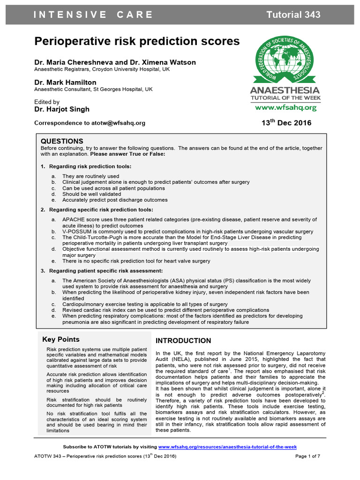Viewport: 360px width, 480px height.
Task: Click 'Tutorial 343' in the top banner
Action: click(x=293, y=15)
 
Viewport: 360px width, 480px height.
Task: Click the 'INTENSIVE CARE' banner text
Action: click(x=93, y=15)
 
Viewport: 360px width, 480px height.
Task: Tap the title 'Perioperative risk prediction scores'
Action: click(x=137, y=42)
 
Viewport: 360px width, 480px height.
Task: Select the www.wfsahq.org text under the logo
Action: click(x=285, y=107)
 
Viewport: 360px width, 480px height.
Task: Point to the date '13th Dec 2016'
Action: click(x=286, y=123)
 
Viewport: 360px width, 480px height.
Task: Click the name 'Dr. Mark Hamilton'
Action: click(x=65, y=82)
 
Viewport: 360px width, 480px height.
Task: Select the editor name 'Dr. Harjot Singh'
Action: click(x=62, y=109)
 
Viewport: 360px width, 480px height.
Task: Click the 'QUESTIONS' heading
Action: click(x=62, y=141)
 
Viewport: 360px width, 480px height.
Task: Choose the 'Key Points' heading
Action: click(x=61, y=339)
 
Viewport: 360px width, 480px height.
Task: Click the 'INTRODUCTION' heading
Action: click(x=183, y=341)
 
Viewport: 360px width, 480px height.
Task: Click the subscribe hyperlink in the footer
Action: click(x=227, y=447)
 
